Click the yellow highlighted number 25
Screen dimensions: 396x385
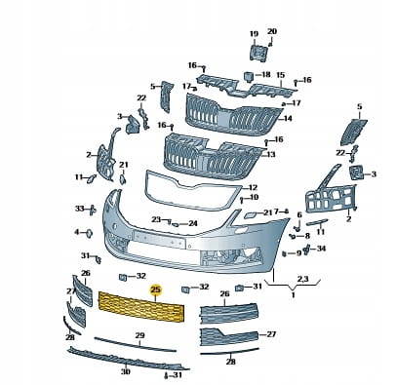[x=155, y=289]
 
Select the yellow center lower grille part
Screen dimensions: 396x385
[x=142, y=305]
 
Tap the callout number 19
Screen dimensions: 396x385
[x=254, y=34]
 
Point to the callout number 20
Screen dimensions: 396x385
[x=272, y=31]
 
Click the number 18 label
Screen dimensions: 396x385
[x=265, y=75]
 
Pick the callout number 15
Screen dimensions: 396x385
[x=281, y=75]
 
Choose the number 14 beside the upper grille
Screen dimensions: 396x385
[x=288, y=118]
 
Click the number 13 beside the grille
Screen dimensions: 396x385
[x=271, y=154]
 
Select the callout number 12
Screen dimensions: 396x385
[x=253, y=187]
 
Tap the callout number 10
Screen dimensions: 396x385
[x=254, y=197]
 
